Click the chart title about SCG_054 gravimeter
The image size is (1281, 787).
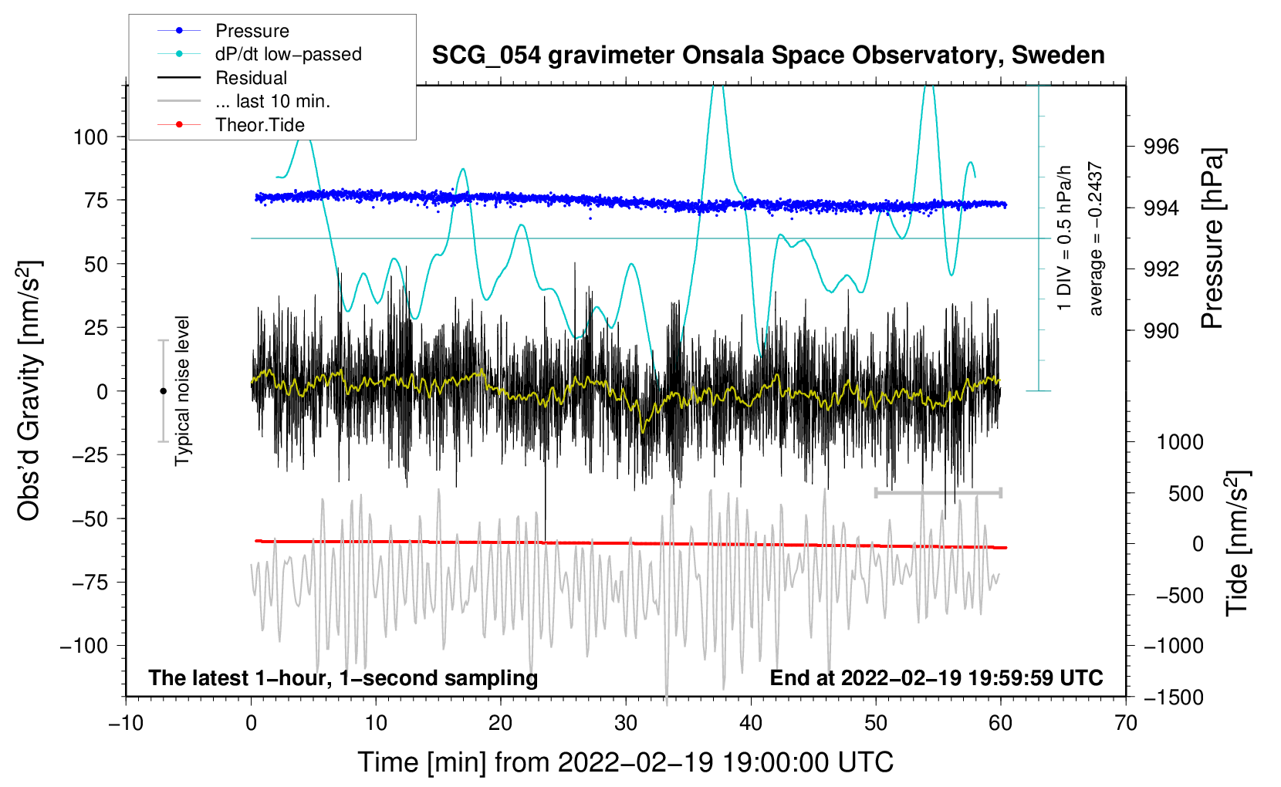click(768, 56)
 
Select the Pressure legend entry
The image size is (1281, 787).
click(252, 31)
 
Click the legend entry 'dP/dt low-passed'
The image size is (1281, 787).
click(288, 54)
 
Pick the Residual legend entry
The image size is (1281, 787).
click(251, 78)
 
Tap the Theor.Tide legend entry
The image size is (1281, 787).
click(259, 125)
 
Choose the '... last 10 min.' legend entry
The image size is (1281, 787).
click(272, 101)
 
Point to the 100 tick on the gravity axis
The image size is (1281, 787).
click(90, 137)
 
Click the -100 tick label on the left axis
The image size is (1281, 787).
click(84, 646)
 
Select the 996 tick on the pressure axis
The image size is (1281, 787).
click(1161, 147)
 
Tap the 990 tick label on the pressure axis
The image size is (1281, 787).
click(1161, 331)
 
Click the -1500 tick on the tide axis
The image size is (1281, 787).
click(1173, 697)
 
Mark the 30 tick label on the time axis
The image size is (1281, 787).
click(626, 723)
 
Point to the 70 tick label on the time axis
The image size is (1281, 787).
click(1125, 723)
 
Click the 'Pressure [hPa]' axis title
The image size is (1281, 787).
click(1213, 239)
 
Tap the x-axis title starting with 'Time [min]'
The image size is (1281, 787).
click(625, 762)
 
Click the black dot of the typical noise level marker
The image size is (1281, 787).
click(163, 391)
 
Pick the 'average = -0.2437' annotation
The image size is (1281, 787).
click(1096, 239)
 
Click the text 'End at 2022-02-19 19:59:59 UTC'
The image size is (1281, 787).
click(936, 678)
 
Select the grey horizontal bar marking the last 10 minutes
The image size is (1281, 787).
click(938, 492)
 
